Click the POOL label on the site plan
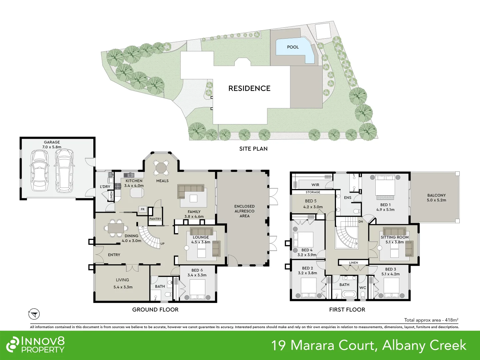coord(293,47)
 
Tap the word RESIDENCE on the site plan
coord(249,88)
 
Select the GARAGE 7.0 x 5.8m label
coord(52,145)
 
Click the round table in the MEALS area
coord(161,167)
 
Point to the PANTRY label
coord(155,219)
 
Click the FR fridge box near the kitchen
coord(143,209)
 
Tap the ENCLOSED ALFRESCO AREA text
coord(244,211)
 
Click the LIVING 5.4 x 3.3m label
coord(123,283)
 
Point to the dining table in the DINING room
coord(116,228)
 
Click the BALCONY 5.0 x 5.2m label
coord(436,198)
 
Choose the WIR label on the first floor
coord(315,185)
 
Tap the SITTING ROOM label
coord(395,237)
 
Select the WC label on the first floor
coord(363,288)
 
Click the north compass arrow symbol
coord(34,314)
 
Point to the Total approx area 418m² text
coord(431,320)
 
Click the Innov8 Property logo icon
coord(13,344)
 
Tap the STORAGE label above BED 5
coord(313,192)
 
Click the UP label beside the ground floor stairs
coord(162,244)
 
